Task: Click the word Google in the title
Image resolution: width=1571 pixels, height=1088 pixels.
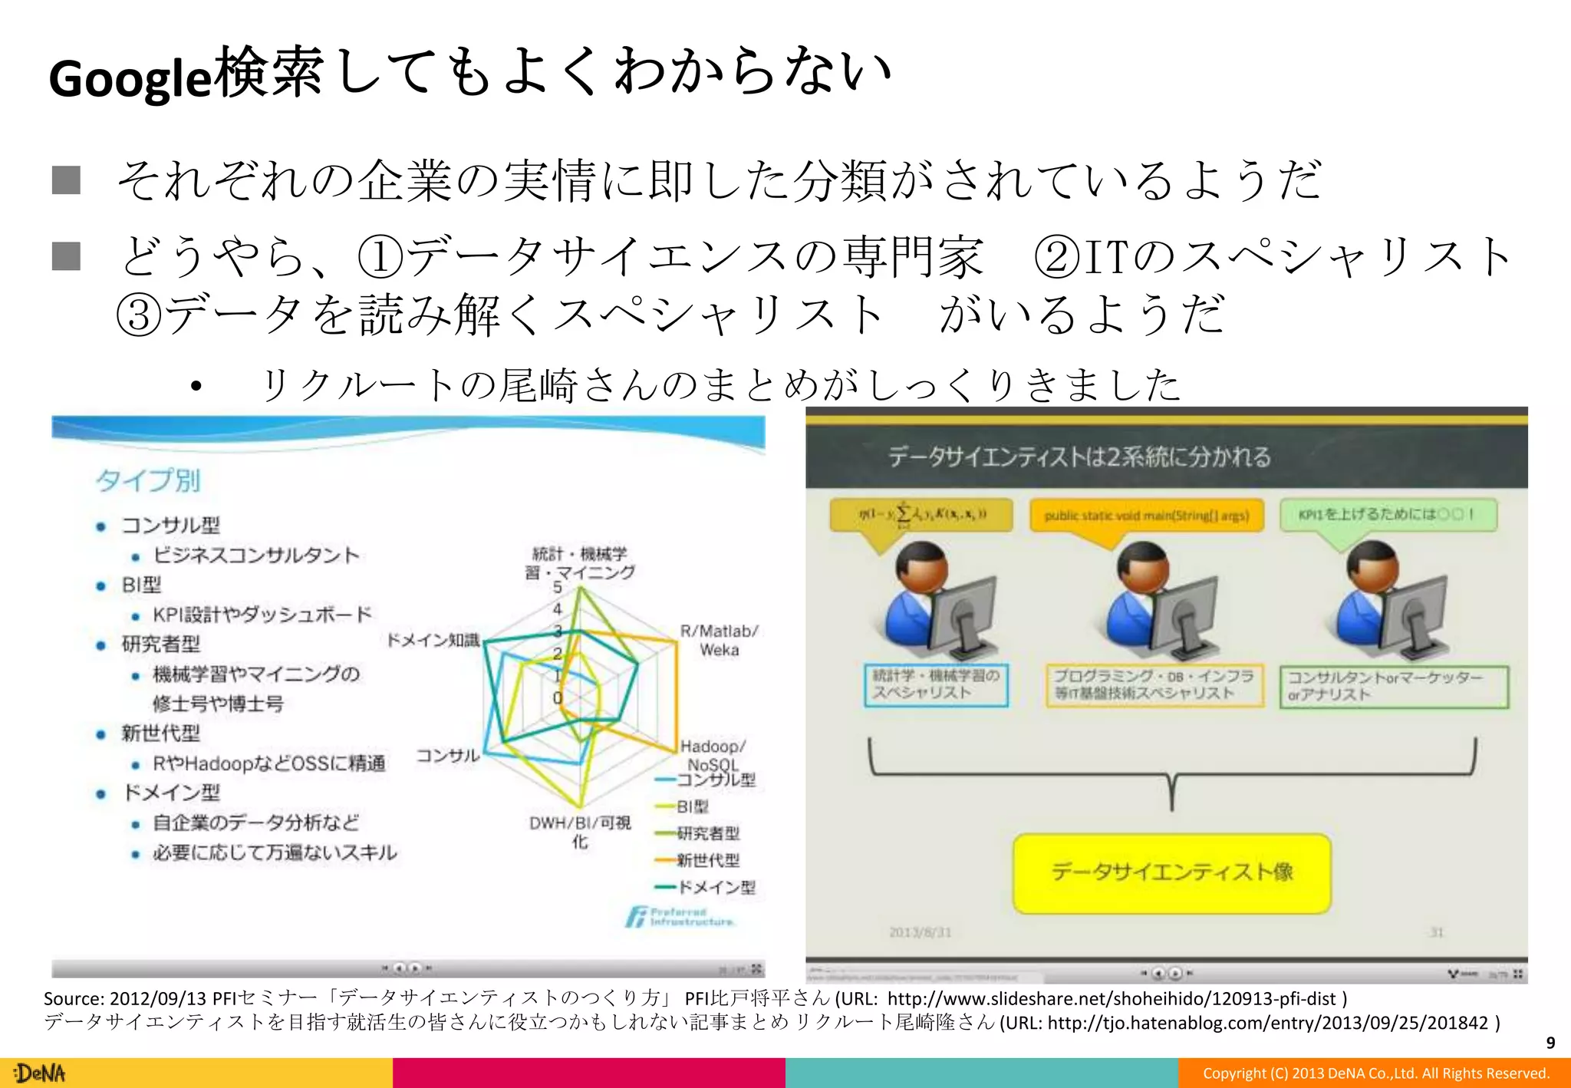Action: click(x=129, y=78)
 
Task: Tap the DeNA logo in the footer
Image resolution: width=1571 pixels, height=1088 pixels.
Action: click(x=41, y=1073)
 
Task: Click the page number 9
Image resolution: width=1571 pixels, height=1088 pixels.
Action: click(x=1550, y=1043)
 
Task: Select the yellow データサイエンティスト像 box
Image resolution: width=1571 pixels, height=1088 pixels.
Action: click(x=1171, y=872)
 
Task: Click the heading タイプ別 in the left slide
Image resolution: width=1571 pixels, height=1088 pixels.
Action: click(x=148, y=480)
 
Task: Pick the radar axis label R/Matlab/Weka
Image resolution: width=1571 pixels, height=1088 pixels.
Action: click(x=719, y=641)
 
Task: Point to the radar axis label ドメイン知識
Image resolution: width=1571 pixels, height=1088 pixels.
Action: click(x=433, y=640)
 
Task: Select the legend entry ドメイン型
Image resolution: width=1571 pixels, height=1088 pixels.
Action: click(x=716, y=887)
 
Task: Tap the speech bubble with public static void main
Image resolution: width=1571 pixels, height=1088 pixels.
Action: click(x=1146, y=516)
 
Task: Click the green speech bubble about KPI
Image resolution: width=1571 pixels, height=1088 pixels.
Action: click(x=1388, y=514)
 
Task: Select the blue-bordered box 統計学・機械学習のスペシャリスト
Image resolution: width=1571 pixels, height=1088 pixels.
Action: click(x=936, y=684)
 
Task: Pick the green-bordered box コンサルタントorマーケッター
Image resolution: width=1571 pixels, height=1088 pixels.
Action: click(x=1393, y=686)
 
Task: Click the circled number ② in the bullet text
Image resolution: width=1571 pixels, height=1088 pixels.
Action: click(x=1057, y=256)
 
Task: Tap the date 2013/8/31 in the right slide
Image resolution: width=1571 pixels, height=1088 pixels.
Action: click(x=920, y=932)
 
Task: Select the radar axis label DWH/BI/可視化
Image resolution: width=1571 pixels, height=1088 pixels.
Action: click(x=580, y=832)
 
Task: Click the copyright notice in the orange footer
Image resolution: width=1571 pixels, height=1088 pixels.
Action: click(x=1375, y=1073)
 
